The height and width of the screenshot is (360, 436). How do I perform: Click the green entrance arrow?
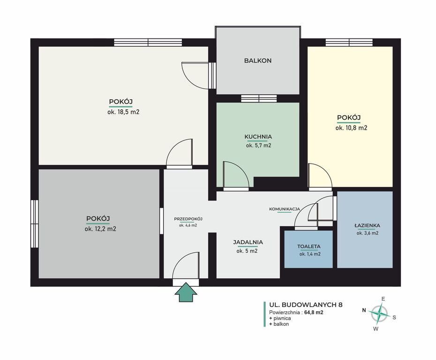[186, 292]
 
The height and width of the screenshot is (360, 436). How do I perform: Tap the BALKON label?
[258, 60]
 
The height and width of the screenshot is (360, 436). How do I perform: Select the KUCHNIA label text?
[258, 137]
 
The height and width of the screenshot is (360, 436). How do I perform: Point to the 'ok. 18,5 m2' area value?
[123, 112]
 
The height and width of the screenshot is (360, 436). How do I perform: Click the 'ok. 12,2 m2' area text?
[100, 229]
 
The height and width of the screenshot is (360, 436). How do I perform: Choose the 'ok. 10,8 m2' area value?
[352, 128]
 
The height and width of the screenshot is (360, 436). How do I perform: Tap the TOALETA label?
[309, 246]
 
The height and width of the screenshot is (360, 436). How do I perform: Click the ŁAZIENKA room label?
[368, 225]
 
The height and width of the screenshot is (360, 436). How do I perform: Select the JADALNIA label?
[248, 242]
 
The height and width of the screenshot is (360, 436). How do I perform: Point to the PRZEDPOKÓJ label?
[188, 219]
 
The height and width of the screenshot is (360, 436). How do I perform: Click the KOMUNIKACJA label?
[285, 209]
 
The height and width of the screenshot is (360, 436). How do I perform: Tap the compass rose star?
[378, 314]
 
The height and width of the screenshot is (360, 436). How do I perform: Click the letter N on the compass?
[364, 310]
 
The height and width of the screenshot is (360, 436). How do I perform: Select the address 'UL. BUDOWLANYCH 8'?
[306, 305]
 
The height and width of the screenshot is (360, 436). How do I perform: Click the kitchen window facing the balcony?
[259, 98]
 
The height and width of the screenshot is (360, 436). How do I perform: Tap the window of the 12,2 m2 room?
[35, 224]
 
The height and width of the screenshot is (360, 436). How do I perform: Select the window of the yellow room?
[349, 42]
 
